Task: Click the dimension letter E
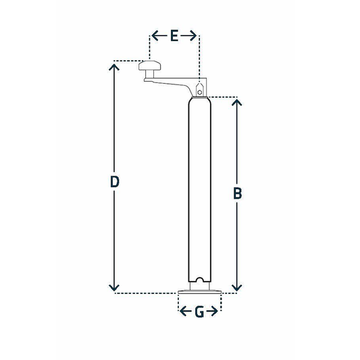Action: [x=174, y=36]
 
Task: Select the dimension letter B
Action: [x=237, y=193]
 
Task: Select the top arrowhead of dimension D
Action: [x=115, y=66]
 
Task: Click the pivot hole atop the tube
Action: [x=199, y=86]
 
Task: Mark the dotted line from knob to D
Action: [x=126, y=61]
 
